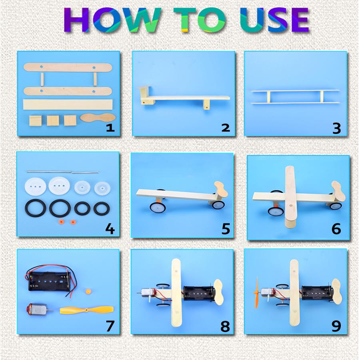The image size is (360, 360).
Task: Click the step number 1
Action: (110, 128)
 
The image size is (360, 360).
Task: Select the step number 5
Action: (226, 229)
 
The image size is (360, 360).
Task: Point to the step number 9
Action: (336, 326)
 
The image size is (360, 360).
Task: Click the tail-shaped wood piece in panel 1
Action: (98, 118)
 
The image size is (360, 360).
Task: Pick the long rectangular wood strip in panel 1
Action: (68, 104)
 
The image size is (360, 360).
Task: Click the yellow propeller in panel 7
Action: (86, 310)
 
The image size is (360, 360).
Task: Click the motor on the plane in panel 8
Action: (146, 295)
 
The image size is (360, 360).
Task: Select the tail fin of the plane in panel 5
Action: (220, 190)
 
